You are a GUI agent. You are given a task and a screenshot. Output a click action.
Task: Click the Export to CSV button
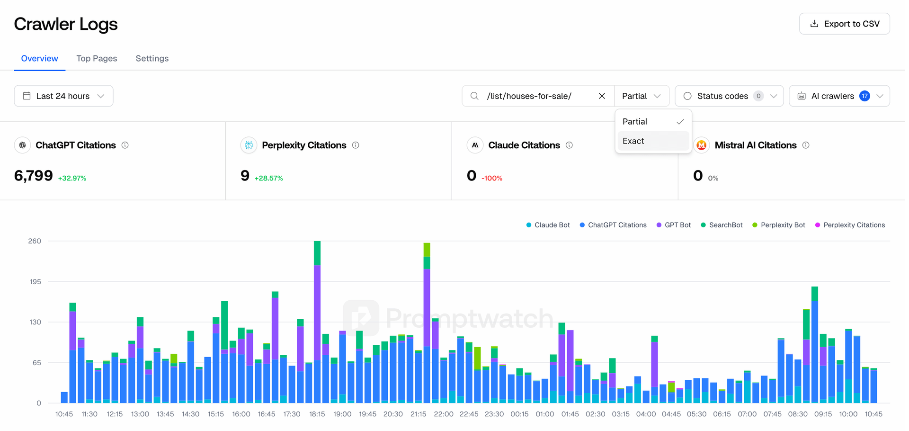coord(844,24)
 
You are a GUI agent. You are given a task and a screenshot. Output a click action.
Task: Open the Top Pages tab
coord(97,58)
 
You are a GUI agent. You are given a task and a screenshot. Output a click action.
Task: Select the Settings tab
coord(152,58)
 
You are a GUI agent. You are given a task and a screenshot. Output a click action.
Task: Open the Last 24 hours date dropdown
coord(63,96)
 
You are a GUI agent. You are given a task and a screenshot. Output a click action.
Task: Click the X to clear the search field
coord(602,96)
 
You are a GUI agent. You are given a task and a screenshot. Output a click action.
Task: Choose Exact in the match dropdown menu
coord(633,141)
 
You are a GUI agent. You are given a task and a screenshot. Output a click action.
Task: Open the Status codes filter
coord(729,96)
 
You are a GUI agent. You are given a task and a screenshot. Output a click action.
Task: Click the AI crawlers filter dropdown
coord(839,96)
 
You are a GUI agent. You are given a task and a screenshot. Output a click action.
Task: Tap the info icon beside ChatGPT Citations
coord(125,145)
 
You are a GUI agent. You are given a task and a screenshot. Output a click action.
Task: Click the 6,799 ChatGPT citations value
coord(34,176)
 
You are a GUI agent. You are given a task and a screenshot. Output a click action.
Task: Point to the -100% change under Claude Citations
coord(492,179)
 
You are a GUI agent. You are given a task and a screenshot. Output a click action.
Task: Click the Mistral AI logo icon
coord(702,145)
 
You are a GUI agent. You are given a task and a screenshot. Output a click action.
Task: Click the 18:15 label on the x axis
coord(317,414)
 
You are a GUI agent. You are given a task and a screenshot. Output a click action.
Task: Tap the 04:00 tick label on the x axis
coord(646,414)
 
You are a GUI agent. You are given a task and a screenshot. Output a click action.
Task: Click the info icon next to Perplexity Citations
coord(356,145)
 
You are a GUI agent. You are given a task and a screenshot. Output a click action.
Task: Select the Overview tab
coord(40,58)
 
